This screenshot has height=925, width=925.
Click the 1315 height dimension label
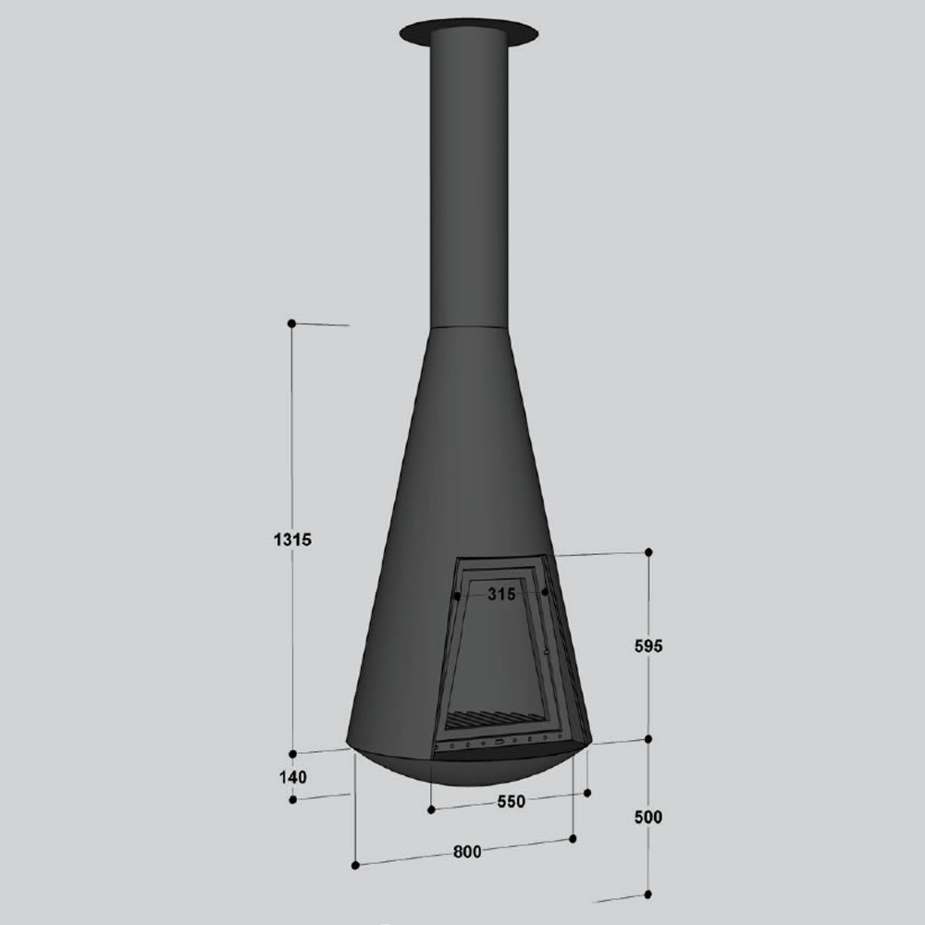tap(292, 539)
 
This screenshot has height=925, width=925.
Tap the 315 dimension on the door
tap(501, 594)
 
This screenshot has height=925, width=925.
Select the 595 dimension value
tap(648, 646)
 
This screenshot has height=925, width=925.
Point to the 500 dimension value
tap(648, 817)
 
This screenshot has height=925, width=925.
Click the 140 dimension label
tap(292, 778)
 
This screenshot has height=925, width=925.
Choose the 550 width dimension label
tap(511, 802)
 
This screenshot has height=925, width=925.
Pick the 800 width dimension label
tap(467, 852)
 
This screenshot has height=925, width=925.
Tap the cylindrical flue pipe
tap(469, 177)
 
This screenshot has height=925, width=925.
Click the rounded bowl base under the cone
tap(469, 767)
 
